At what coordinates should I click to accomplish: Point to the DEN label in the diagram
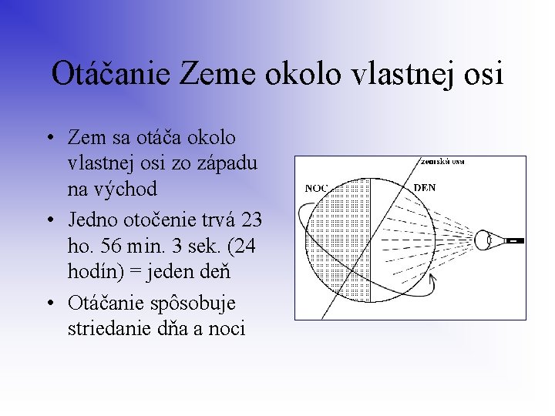425,187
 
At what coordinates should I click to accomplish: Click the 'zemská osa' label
442,162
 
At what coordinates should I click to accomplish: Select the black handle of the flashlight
514,240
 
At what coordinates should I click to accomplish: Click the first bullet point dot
49,138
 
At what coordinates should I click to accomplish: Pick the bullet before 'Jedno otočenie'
49,221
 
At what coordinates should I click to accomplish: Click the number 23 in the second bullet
251,220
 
